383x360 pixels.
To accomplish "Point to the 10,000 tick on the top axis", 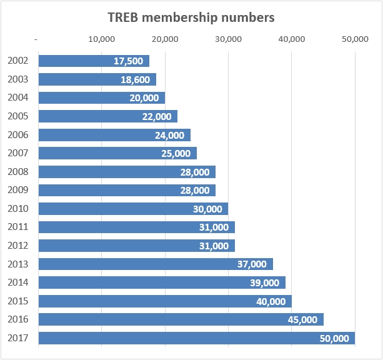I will (102, 39).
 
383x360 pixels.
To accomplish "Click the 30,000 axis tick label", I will (228, 39).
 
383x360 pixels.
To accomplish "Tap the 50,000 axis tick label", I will (356, 39).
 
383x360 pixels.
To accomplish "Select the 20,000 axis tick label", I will (165, 39).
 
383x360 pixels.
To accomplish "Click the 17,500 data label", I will (129, 61).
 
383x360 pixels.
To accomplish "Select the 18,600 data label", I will (136, 80).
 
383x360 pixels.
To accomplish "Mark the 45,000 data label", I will (303, 319).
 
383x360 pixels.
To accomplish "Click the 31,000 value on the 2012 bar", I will (214, 246).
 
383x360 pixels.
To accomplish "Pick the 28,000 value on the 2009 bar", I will (195, 191).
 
